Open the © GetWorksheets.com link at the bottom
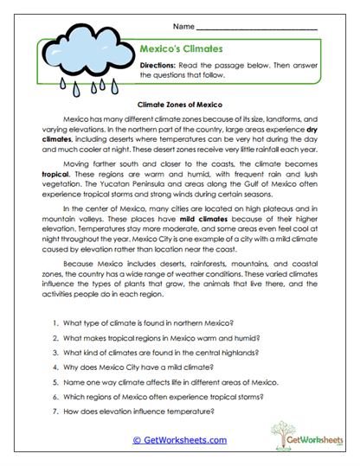pos(179,439)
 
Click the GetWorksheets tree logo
pos(293,437)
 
